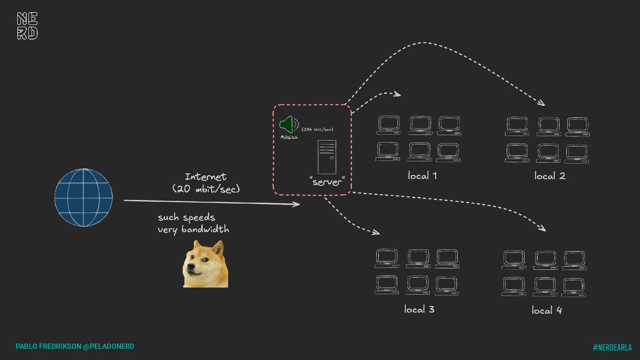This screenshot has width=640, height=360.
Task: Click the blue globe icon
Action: click(x=84, y=197)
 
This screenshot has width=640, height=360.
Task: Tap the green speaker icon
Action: click(x=288, y=124)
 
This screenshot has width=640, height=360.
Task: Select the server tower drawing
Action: click(x=327, y=157)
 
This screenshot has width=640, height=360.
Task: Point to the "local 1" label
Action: click(x=422, y=176)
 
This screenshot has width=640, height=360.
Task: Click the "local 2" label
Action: click(x=550, y=176)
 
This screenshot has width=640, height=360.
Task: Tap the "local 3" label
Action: click(x=419, y=309)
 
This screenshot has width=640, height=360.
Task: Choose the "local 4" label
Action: click(x=547, y=310)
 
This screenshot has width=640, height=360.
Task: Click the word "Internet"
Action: click(x=205, y=177)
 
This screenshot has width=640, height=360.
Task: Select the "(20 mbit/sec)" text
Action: click(x=206, y=189)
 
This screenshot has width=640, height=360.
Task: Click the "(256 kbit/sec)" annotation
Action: click(x=317, y=129)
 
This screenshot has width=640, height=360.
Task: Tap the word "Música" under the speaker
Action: click(x=289, y=137)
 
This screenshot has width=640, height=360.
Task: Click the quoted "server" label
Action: click(x=327, y=181)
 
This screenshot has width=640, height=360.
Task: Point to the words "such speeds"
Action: click(x=187, y=217)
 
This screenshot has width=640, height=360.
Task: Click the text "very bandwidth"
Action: click(x=193, y=229)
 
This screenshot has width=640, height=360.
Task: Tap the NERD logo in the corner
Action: click(x=28, y=26)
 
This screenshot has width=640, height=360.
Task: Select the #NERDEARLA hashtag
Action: click(x=612, y=348)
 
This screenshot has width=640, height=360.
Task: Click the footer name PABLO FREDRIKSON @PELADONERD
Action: click(x=75, y=346)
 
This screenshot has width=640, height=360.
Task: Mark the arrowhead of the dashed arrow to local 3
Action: click(x=377, y=232)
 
